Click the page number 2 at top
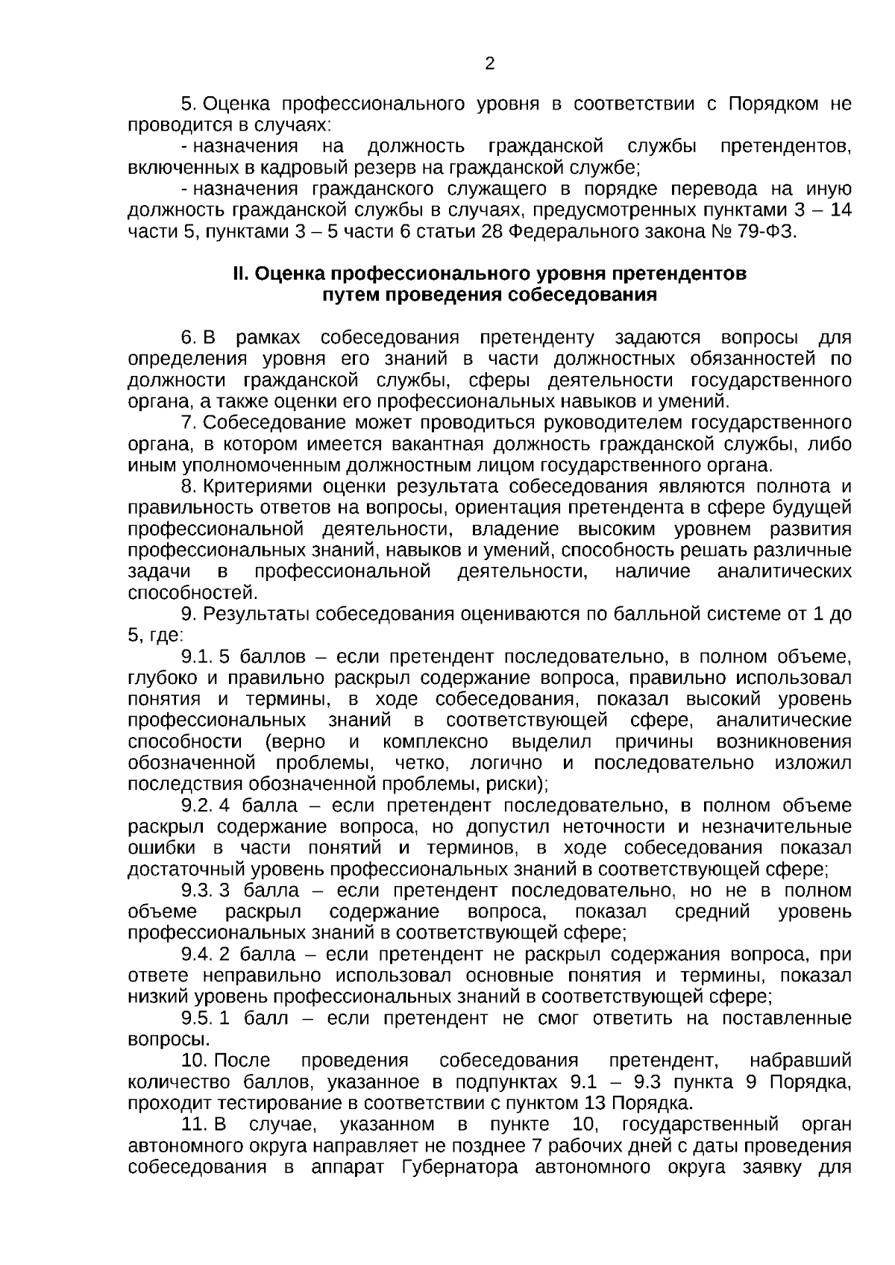click(489, 64)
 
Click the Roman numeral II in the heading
click(239, 274)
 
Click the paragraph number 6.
click(189, 338)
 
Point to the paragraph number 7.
click(189, 424)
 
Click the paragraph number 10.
click(195, 1061)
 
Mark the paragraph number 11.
click(195, 1124)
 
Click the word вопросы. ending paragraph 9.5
click(169, 1040)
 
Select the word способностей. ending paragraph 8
click(193, 594)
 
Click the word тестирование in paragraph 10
click(263, 1103)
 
